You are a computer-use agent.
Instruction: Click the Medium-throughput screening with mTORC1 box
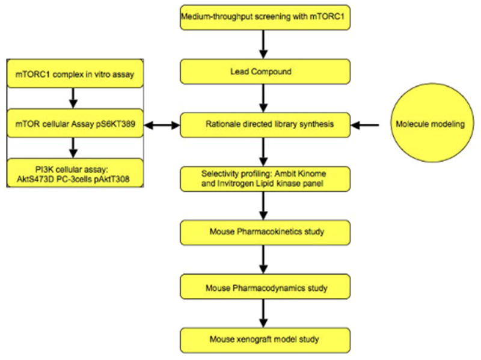[265, 18]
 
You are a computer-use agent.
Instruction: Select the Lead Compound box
[265, 72]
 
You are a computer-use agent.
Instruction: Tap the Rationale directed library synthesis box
[265, 125]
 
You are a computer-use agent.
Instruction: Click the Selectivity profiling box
[265, 178]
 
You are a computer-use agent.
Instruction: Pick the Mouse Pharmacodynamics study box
[265, 288]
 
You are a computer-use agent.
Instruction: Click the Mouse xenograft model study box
[265, 340]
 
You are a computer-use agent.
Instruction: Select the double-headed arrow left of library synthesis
[162, 125]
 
